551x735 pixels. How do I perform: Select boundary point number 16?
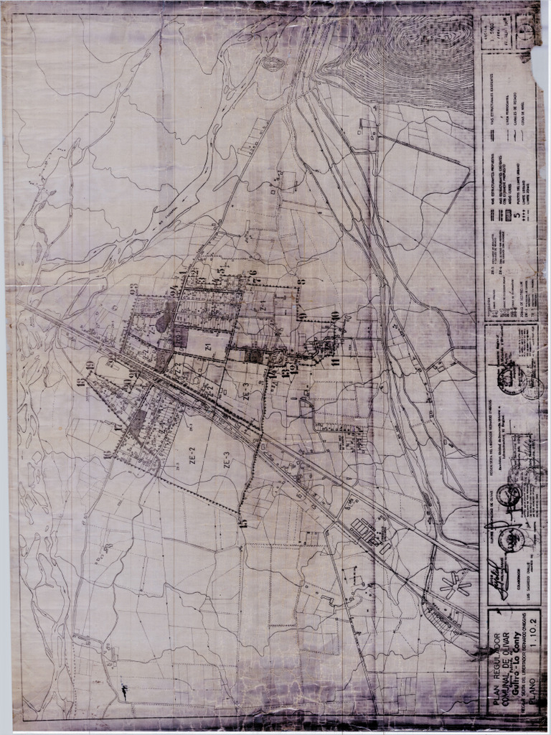point(107,454)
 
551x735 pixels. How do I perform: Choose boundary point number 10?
point(335,317)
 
